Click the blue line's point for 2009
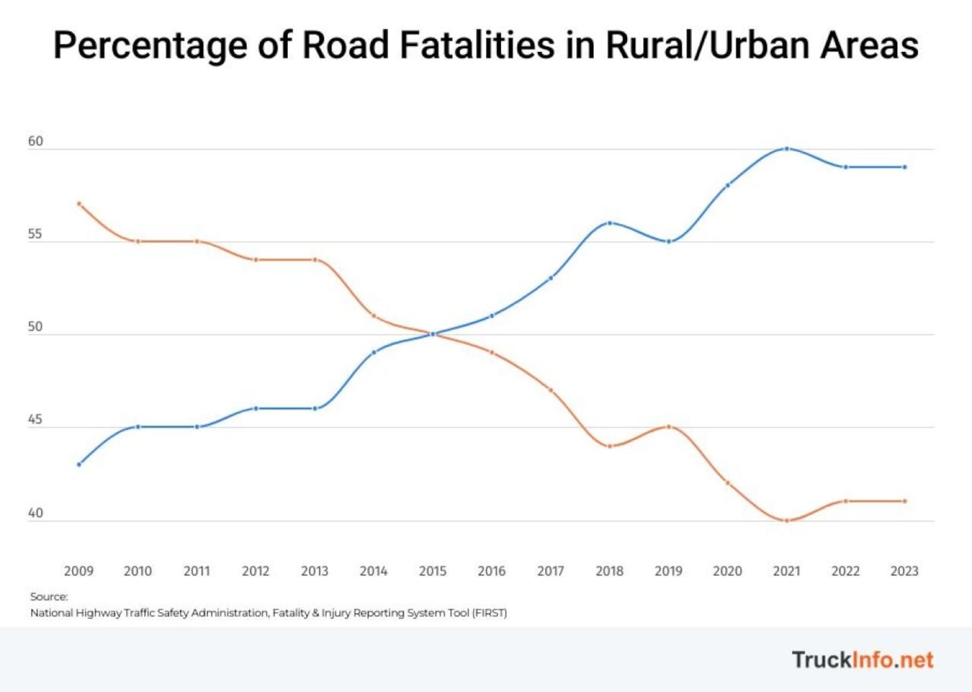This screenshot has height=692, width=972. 79,464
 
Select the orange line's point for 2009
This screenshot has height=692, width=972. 79,203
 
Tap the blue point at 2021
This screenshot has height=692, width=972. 787,149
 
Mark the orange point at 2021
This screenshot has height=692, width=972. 787,521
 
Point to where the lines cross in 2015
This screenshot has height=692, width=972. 433,334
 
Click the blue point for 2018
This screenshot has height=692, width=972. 610,223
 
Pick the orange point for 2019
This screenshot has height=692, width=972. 669,427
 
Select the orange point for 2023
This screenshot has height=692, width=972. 905,501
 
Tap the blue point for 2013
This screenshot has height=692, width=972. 315,408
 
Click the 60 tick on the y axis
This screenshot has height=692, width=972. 35,141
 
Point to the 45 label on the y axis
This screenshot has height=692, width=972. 35,419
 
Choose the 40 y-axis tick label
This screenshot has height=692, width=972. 35,513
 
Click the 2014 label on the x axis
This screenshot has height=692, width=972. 373,571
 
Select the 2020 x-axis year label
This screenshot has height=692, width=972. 728,571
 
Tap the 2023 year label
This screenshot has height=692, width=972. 905,571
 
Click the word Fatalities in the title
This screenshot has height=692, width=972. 477,45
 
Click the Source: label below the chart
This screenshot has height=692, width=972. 49,597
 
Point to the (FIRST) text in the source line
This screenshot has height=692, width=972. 489,613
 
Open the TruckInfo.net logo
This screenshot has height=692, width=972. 862,660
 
